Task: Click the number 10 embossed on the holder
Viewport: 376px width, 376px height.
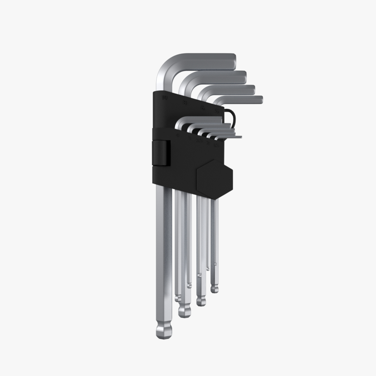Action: [x=165, y=98]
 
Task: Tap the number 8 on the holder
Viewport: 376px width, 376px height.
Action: [x=185, y=103]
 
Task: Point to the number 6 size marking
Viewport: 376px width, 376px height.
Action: [x=203, y=108]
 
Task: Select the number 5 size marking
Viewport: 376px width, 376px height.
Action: [x=217, y=111]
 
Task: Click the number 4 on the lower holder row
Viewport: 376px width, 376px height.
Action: [x=178, y=135]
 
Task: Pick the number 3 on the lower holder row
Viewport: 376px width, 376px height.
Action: [x=189, y=138]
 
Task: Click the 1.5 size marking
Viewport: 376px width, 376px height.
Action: [x=216, y=144]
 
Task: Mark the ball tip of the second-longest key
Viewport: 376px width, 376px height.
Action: [x=184, y=311]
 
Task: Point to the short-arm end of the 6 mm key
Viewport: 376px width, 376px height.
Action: [x=253, y=90]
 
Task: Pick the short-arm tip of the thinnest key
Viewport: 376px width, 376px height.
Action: [x=240, y=137]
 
